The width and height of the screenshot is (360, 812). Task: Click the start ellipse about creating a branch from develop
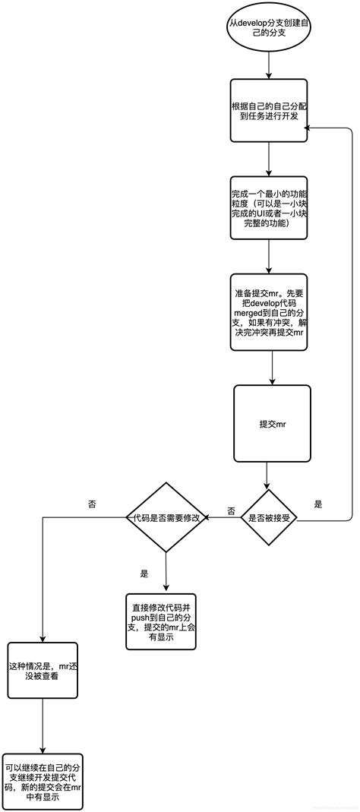[270, 29]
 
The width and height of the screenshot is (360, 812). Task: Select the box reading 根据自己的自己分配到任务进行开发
[270, 110]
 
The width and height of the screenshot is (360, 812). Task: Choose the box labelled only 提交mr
[272, 423]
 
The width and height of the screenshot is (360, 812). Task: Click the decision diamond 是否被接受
[269, 517]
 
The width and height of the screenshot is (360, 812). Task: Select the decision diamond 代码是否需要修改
[166, 517]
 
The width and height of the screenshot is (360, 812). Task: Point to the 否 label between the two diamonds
[231, 510]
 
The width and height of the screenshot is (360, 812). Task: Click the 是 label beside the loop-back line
[318, 504]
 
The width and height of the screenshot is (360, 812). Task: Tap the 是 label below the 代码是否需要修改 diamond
[144, 573]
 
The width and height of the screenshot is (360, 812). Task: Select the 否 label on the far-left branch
[93, 504]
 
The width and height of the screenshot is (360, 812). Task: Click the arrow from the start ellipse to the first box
[270, 65]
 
